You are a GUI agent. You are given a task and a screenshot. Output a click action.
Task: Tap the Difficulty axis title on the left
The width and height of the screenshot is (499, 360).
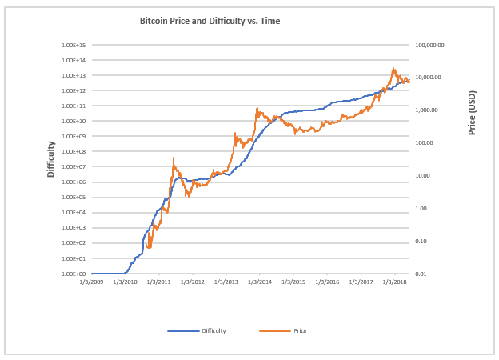[50, 158]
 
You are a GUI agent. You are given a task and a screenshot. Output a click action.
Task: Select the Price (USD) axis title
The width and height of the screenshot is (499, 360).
[472, 112]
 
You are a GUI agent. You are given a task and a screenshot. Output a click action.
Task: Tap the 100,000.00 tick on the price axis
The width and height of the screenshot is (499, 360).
[431, 45]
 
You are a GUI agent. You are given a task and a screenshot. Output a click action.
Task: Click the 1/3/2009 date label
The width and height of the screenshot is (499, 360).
[92, 282]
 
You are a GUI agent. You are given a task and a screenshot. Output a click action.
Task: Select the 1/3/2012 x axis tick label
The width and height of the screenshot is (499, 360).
[193, 282]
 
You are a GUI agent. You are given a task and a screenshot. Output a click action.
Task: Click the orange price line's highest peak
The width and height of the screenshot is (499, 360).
[393, 69]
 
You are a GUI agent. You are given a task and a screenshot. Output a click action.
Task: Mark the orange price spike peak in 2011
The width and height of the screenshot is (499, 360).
[174, 158]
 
